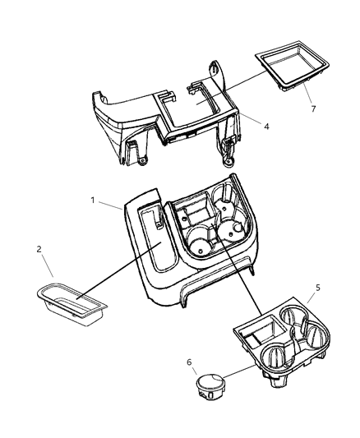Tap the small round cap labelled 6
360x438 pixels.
pyautogui.click(x=211, y=385)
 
